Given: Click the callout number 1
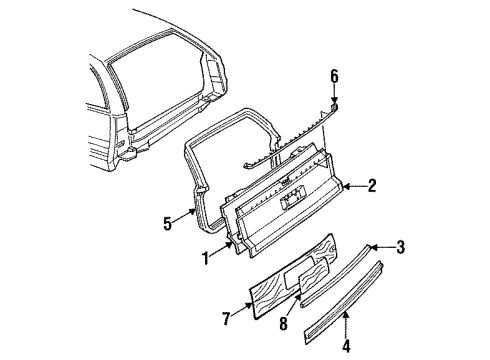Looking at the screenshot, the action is [x=206, y=259].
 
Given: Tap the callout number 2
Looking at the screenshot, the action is [x=371, y=186].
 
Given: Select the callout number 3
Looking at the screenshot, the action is [x=400, y=247].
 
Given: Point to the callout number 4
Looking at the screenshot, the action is [x=346, y=345].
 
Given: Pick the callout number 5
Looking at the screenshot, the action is [x=167, y=223].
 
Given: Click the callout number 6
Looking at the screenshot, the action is [x=334, y=76].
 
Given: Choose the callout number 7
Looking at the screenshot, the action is [x=226, y=318].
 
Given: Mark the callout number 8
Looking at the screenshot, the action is [x=283, y=323].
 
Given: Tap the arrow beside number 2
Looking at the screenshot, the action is [x=354, y=187].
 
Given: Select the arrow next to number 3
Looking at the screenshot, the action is [x=382, y=247].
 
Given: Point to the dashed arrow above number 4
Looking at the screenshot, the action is [x=346, y=323].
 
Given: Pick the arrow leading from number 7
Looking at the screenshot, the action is [x=242, y=309].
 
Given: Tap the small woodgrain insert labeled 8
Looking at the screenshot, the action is [x=314, y=276].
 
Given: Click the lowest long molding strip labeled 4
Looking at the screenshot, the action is [x=344, y=302].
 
